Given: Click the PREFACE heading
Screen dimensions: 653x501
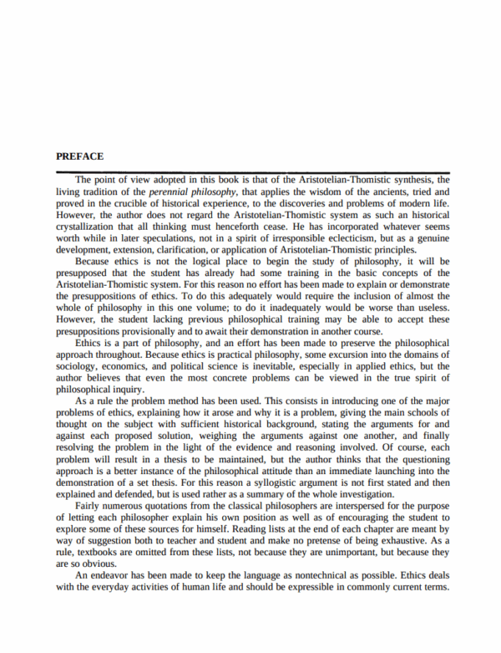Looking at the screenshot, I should click(x=79, y=156).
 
